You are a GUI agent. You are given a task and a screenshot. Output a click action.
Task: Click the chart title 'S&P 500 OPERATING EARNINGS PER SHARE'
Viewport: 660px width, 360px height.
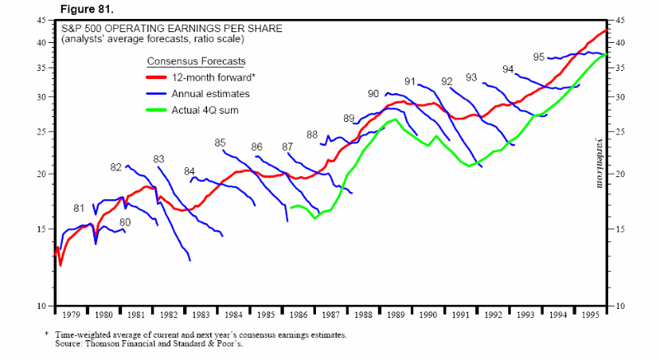pos(172,28)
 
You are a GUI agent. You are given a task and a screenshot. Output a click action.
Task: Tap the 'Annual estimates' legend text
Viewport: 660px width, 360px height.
pos(210,94)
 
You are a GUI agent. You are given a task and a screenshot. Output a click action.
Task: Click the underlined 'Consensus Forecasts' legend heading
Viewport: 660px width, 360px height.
pos(196,62)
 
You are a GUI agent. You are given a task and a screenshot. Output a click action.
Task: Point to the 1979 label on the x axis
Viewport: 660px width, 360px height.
pos(71,314)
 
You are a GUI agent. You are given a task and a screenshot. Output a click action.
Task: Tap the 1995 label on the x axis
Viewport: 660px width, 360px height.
pos(590,314)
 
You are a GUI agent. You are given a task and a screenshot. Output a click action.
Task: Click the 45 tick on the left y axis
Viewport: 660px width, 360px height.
pos(40,21)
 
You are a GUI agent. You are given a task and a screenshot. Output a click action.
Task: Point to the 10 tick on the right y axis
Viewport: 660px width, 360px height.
pos(620,306)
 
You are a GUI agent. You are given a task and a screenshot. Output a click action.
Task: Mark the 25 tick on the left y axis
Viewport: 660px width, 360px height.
pos(40,132)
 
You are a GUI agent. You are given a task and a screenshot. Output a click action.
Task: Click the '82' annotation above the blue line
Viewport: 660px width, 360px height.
pos(115,167)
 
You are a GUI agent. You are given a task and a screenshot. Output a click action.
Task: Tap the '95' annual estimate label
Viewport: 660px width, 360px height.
pos(539,57)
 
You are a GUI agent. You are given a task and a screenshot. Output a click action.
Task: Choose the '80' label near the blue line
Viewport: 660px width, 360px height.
pos(125,222)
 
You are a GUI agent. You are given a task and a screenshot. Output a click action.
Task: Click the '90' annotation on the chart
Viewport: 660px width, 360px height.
pos(374,93)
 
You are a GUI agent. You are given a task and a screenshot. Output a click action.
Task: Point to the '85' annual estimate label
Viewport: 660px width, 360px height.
pos(220,143)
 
